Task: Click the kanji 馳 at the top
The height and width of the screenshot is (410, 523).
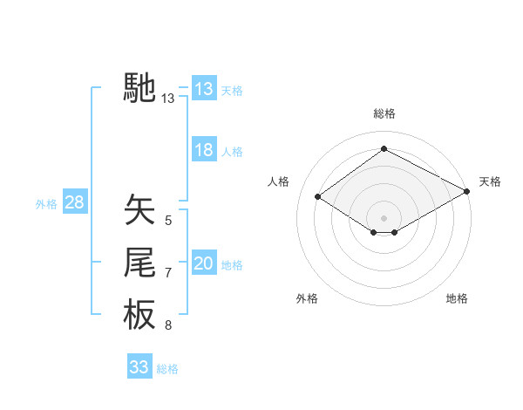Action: (x=139, y=88)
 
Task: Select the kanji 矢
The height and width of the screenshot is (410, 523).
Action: (x=139, y=210)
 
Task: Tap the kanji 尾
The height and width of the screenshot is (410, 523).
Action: (x=139, y=263)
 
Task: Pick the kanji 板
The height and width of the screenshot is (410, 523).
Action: (x=139, y=315)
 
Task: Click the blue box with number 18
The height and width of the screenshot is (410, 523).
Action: (x=203, y=150)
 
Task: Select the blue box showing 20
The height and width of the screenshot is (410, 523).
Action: (x=203, y=263)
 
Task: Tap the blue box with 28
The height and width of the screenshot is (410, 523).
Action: (x=74, y=203)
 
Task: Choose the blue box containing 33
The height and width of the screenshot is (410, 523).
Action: (x=139, y=367)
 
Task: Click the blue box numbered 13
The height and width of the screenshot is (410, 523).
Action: (x=203, y=88)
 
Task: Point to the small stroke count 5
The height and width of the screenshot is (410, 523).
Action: (x=168, y=221)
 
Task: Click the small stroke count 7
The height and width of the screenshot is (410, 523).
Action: (x=168, y=273)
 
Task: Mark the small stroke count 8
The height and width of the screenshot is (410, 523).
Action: (x=168, y=326)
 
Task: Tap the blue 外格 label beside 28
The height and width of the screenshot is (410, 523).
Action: (x=46, y=204)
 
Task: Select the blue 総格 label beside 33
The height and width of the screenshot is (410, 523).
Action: (x=167, y=369)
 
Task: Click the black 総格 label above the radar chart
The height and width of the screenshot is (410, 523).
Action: (x=384, y=113)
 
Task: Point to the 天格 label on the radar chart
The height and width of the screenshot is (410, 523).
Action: (x=490, y=181)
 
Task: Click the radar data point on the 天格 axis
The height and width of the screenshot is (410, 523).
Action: (x=467, y=191)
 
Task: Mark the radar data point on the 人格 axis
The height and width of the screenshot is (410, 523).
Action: (x=318, y=197)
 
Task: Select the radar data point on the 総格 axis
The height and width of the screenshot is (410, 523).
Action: (x=384, y=149)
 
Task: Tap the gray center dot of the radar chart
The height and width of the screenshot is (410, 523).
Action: (x=384, y=216)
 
